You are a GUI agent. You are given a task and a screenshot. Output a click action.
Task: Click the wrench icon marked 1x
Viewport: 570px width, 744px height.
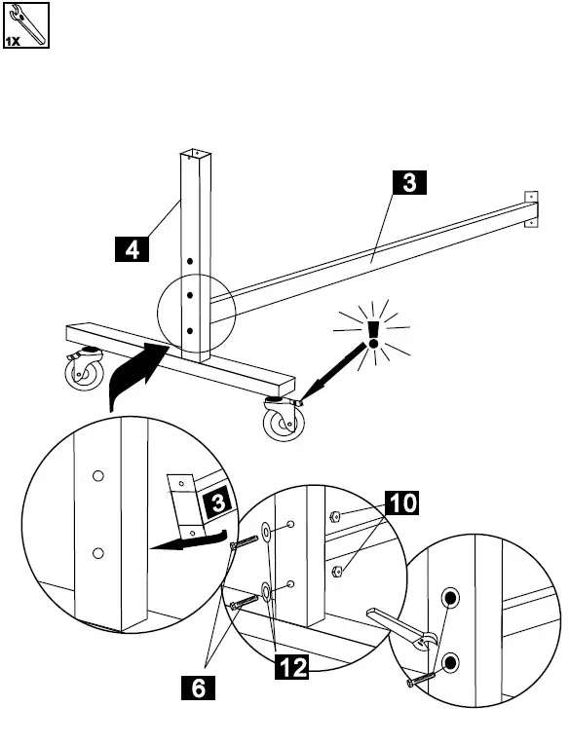26,26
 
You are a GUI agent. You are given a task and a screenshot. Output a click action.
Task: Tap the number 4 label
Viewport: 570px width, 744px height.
130,249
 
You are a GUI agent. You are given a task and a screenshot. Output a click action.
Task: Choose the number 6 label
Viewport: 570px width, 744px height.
199,689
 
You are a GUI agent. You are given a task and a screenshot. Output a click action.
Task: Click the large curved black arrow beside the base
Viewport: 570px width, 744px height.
133,376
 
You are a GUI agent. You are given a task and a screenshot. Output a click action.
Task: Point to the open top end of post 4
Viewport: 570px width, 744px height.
194,153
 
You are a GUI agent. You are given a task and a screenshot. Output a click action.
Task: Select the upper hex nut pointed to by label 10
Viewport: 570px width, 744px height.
334,518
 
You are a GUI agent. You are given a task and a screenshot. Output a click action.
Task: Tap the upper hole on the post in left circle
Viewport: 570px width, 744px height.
96,476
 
